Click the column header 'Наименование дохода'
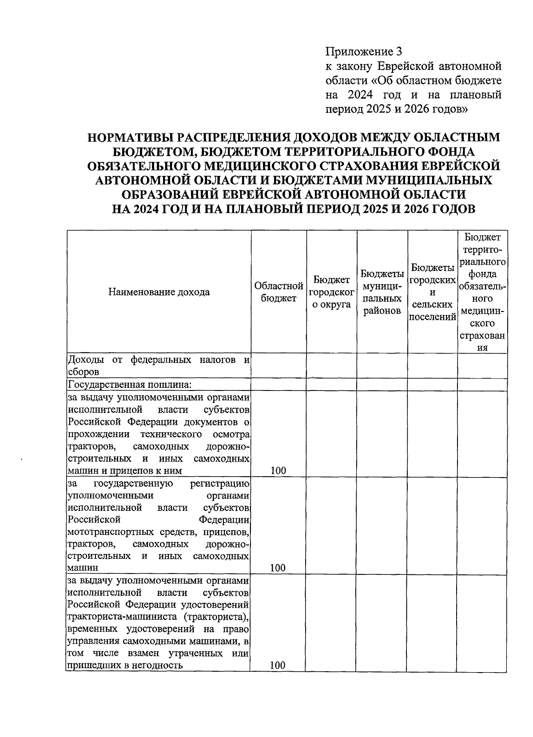point(159,292)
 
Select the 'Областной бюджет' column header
point(278,292)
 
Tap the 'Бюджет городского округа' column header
point(331,292)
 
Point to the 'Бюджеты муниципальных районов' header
point(382,292)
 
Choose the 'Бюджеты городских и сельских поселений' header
point(433,292)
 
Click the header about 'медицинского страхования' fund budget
point(482,292)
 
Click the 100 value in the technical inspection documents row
point(278,470)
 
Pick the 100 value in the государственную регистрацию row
point(278,567)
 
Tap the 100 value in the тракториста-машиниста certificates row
point(278,665)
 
